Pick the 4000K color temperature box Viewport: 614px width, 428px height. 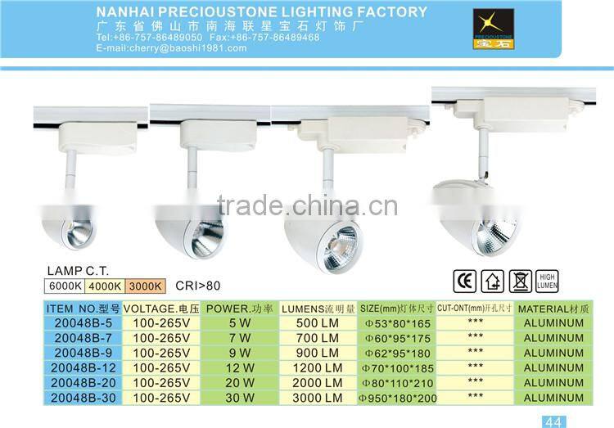(104, 286)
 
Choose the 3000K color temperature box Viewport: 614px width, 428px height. (146, 286)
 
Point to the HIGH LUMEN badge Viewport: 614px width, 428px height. (548, 282)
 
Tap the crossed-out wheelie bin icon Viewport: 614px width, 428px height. (521, 282)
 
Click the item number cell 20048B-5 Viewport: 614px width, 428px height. (81, 323)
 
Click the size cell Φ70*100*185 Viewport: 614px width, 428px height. (398, 367)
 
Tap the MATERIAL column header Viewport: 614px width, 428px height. (553, 309)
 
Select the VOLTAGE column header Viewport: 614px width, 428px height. (161, 309)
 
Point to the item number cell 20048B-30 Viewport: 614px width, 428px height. (81, 398)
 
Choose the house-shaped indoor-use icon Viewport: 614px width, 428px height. (493, 282)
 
